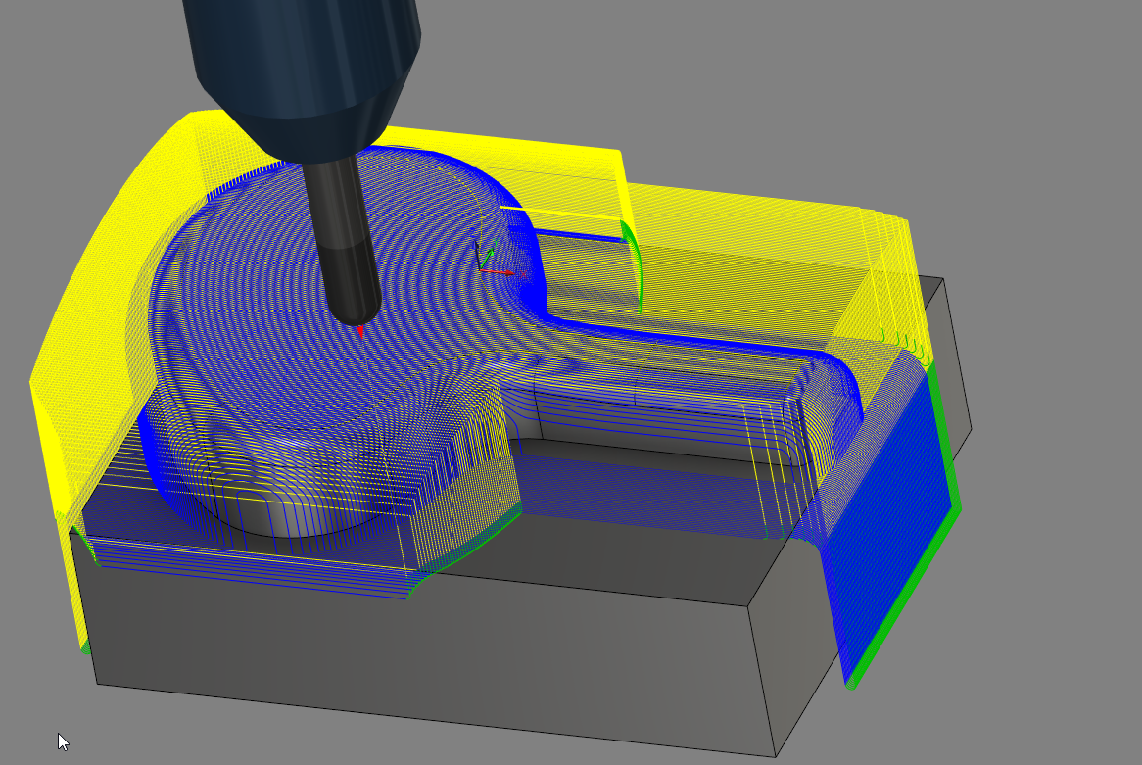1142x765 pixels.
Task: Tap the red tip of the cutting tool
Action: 360,329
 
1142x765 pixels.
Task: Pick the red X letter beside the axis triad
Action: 524,275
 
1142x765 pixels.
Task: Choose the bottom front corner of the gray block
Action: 775,755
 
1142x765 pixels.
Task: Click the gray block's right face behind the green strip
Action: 955,392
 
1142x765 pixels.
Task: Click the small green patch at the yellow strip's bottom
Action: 85,645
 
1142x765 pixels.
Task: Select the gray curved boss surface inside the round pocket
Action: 294,519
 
